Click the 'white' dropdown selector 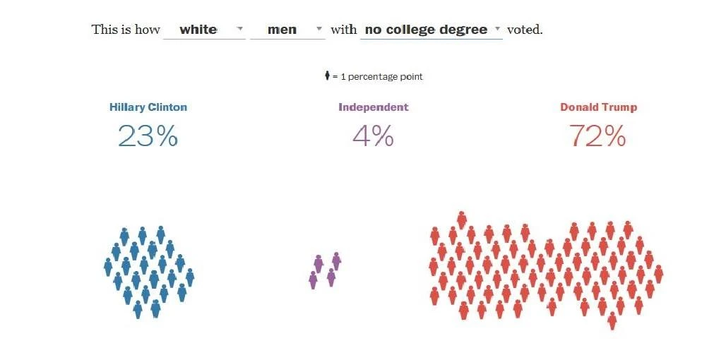pos(203,30)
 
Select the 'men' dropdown pos(287,30)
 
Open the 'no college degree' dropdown pos(430,30)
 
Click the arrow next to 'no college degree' pos(497,29)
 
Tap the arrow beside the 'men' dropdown pos(319,29)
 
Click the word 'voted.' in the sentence pos(525,30)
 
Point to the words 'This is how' pos(125,30)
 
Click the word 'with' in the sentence pos(343,30)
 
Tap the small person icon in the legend pos(326,76)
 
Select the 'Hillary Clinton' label pos(148,107)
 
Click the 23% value pos(148,135)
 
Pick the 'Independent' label pos(373,107)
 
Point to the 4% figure pos(372,135)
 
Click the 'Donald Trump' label pos(598,107)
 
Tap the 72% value pos(597,135)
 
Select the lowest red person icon pos(612,320)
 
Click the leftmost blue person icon pos(108,267)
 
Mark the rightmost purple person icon pos(336,260)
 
